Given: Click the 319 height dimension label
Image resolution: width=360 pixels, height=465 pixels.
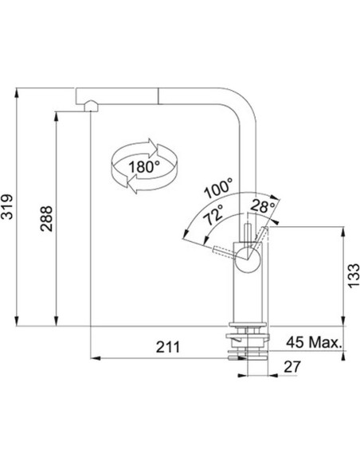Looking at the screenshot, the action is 6,206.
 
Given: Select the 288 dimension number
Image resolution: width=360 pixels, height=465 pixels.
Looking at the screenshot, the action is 46,219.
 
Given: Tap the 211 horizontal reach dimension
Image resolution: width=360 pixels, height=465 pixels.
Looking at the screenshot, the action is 168,347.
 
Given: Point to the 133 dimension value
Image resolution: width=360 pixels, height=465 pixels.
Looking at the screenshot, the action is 353,275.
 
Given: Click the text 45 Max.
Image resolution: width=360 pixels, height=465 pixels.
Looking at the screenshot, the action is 314,342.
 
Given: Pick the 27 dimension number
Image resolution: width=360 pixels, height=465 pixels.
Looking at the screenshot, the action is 292,367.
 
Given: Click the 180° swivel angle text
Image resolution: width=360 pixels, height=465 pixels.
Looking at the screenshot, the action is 144,166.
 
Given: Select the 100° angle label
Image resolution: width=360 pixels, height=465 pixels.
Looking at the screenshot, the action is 218,188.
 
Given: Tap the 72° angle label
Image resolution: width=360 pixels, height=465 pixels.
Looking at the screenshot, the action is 213,214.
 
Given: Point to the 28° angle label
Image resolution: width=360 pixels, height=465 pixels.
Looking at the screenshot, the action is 262,205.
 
